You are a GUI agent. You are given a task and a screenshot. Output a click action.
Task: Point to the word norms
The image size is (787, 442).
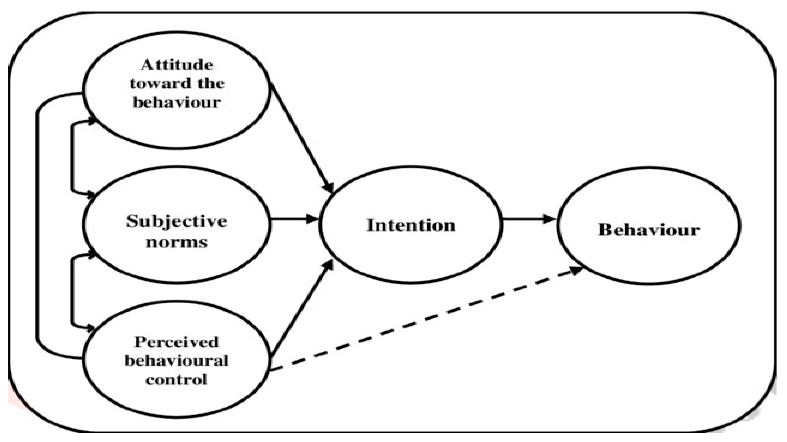coord(177,242)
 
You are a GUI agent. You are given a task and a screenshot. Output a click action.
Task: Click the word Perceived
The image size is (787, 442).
coord(177,342)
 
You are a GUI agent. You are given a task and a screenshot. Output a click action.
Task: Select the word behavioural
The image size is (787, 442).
coord(177,361)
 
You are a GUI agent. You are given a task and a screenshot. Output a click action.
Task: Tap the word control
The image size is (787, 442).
coord(177,380)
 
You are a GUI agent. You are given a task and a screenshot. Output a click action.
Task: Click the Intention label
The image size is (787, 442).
coord(411,225)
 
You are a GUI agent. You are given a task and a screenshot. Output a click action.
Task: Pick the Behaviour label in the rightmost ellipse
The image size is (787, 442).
coord(649,230)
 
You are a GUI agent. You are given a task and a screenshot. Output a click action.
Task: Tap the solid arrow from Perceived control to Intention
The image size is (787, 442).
coord(301,308)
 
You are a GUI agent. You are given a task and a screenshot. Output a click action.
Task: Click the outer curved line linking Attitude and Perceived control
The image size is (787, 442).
coord(36,226)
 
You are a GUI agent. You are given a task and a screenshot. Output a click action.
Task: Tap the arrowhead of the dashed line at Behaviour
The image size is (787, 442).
coord(576,270)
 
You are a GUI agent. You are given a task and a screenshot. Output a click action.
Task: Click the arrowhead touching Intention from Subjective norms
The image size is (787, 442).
coord(312,219)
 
